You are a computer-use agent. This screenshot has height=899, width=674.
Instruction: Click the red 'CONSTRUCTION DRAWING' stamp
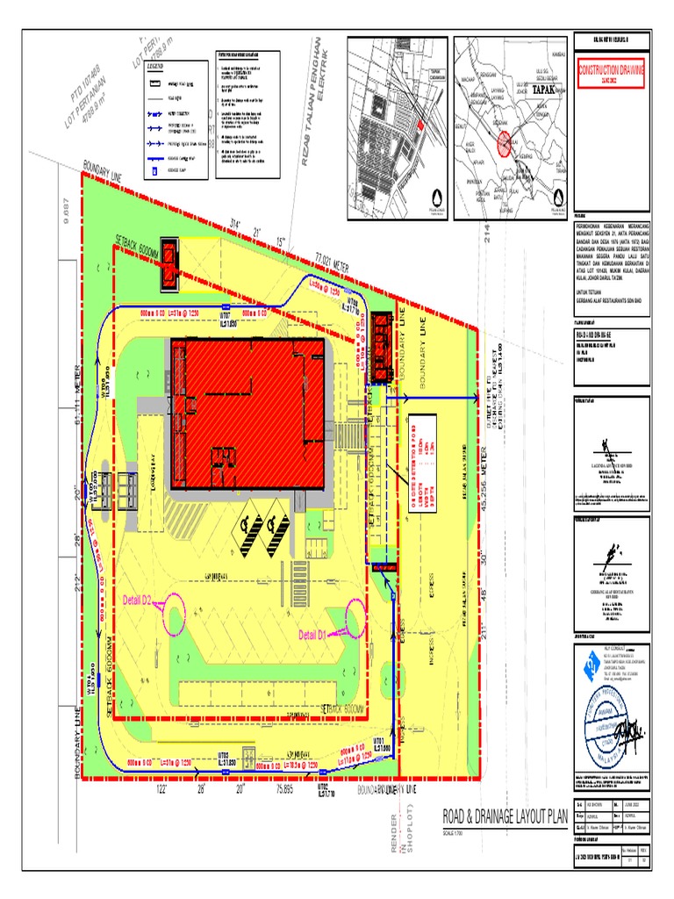610,72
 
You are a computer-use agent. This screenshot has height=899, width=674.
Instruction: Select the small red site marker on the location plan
420,126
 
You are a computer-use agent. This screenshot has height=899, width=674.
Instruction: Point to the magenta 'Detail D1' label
312,634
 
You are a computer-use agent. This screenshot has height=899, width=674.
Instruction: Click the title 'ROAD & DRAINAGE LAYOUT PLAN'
505,817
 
